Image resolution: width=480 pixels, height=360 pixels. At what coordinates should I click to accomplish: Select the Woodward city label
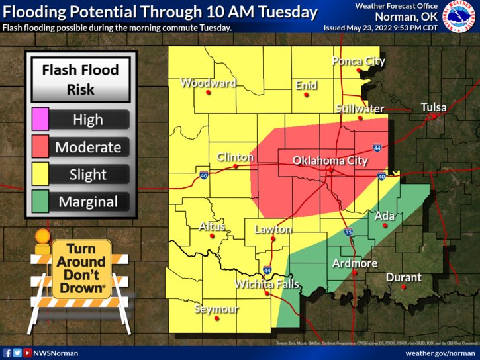click(208, 83)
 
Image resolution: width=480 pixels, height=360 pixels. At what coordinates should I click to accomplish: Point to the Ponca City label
click(358, 62)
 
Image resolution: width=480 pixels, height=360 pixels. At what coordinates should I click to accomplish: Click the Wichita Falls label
click(267, 284)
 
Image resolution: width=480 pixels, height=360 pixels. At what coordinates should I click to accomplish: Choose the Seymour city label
click(215, 309)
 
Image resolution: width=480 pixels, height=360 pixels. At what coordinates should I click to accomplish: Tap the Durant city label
click(403, 277)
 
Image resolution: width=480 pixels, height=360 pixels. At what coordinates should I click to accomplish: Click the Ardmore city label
click(354, 263)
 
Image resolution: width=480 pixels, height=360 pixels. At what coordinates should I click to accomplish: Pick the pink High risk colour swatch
click(40, 119)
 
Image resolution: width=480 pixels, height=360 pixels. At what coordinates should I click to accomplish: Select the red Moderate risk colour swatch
click(40, 146)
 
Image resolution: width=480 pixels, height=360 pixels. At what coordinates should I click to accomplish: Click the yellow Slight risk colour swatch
click(40, 174)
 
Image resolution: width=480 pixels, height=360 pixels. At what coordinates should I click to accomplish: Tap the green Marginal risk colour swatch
click(40, 202)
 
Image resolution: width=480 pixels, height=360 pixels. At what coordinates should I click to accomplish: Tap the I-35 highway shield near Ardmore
click(349, 232)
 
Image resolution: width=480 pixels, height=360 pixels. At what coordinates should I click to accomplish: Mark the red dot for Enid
click(307, 95)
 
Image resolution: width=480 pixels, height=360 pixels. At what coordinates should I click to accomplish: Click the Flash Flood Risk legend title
click(80, 78)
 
